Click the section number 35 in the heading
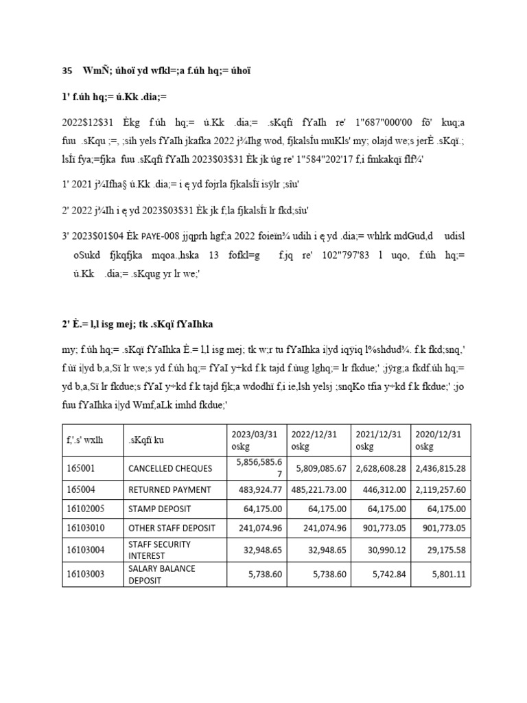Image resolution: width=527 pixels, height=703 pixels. click(67, 70)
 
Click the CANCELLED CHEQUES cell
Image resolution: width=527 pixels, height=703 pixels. click(161, 470)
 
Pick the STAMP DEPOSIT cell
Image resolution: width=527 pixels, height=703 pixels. click(155, 509)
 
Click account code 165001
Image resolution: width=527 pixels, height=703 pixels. click(80, 470)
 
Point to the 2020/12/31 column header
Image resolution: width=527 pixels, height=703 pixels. click(439, 439)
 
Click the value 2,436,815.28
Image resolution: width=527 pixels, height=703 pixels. click(440, 470)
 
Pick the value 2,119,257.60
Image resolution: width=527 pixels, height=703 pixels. click(440, 489)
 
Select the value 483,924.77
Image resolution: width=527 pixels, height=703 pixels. click(254, 489)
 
